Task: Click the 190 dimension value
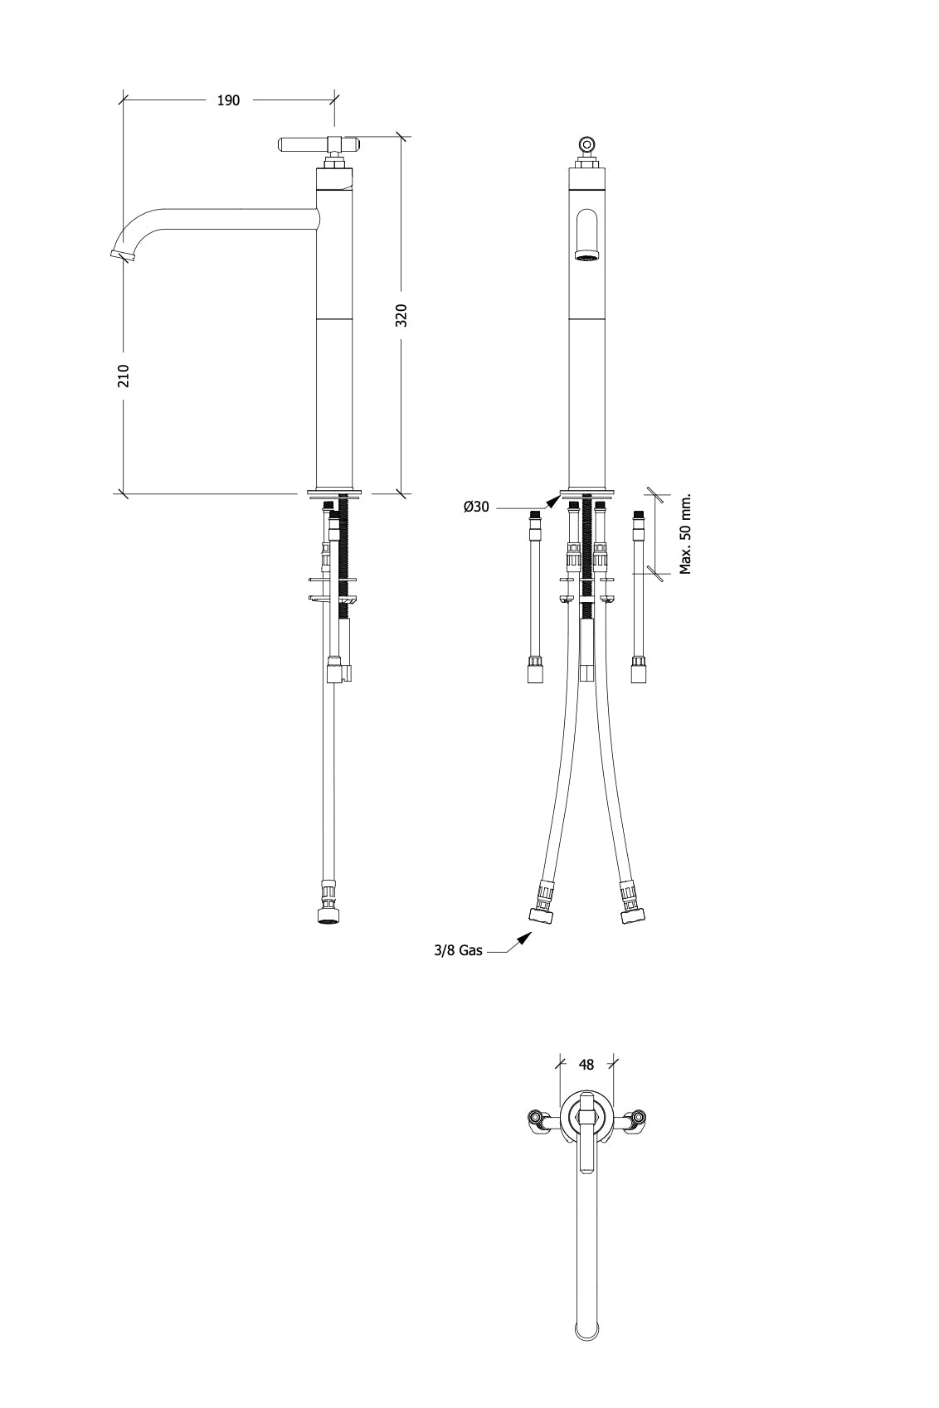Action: pos(228,100)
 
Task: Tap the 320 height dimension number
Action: pos(401,315)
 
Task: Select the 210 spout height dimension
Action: pos(124,376)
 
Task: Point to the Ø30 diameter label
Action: pos(476,507)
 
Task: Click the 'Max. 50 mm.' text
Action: pos(685,534)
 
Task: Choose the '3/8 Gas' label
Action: pos(458,950)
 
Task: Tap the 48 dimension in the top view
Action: pos(586,1064)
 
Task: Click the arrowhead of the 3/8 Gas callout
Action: pos(523,939)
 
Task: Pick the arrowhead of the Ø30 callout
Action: pos(552,501)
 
